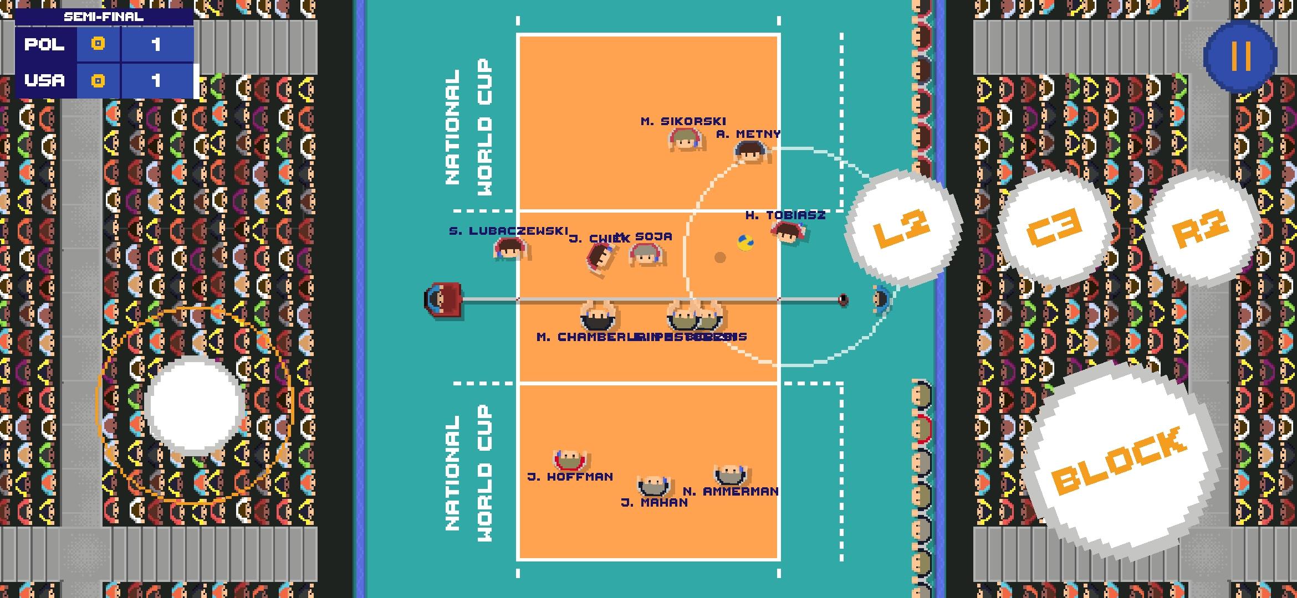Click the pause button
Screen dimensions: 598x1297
pos(1240,56)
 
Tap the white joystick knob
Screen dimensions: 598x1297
pos(195,406)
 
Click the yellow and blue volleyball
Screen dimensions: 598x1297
pos(745,242)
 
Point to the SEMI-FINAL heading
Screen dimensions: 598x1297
pos(104,17)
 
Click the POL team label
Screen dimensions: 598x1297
pos(44,44)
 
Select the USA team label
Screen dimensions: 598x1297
pos(44,81)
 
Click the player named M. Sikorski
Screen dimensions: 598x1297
pos(685,140)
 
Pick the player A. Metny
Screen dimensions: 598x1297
pos(750,151)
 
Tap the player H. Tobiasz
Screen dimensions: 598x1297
pos(788,232)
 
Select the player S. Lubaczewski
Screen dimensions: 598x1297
pos(510,249)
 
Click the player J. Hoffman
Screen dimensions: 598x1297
pos(569,459)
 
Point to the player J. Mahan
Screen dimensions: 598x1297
pos(654,486)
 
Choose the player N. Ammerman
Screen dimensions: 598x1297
pos(730,475)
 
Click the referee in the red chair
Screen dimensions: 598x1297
pos(443,300)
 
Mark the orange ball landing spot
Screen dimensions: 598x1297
pos(719,257)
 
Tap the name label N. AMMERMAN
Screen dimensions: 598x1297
pos(731,491)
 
